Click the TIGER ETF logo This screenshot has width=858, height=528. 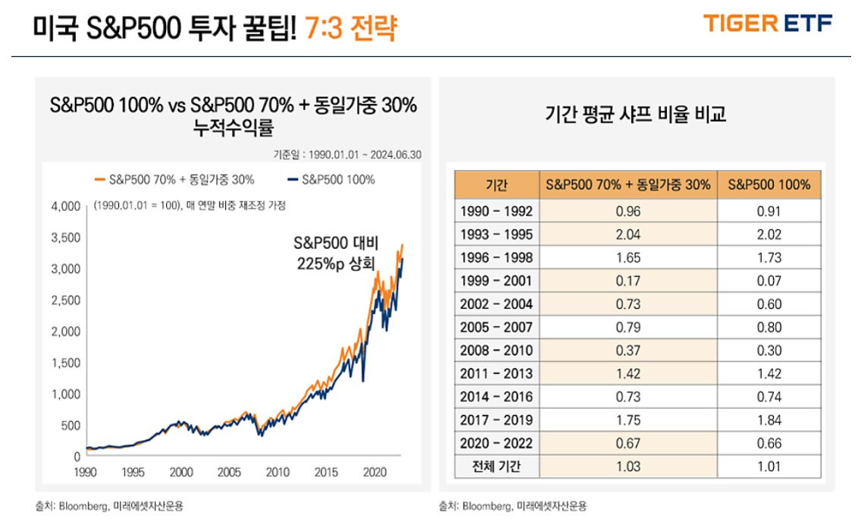click(768, 24)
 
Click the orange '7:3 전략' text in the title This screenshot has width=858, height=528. click(350, 28)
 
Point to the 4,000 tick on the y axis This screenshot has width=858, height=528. click(65, 206)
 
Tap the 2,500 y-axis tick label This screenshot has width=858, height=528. click(65, 300)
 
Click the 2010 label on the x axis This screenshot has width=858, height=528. click(277, 472)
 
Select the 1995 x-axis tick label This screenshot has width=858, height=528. click(133, 472)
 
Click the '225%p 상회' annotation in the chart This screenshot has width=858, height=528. click(336, 262)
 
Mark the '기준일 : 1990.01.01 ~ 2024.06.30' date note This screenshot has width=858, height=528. click(347, 155)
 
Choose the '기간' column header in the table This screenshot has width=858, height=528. click(496, 185)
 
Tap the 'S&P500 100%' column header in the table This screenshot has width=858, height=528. click(769, 185)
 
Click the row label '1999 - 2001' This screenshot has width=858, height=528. click(496, 281)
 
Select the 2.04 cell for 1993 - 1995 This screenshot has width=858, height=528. click(628, 234)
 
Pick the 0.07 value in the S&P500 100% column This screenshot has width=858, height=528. click(769, 281)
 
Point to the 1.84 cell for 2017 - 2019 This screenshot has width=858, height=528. click(769, 420)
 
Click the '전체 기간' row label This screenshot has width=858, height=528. click(496, 467)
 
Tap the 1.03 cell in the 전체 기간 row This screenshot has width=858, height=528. click(628, 467)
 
